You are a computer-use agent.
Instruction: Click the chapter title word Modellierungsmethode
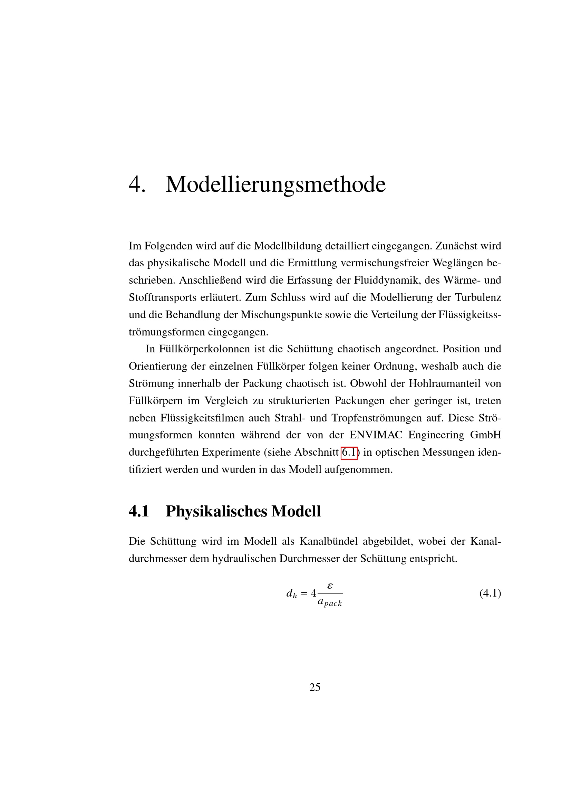(275, 184)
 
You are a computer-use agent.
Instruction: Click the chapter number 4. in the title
(137, 184)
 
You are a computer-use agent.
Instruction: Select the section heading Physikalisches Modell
(243, 511)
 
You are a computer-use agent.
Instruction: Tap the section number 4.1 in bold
(139, 511)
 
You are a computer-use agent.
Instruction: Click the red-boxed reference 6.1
(349, 452)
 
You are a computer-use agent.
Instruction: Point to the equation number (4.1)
(490, 593)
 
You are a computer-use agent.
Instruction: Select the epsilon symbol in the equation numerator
(330, 586)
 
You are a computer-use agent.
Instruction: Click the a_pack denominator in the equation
(329, 602)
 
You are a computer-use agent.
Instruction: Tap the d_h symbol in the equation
(291, 594)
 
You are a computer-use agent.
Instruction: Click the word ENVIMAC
(376, 435)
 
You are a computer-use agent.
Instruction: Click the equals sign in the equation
(304, 594)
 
